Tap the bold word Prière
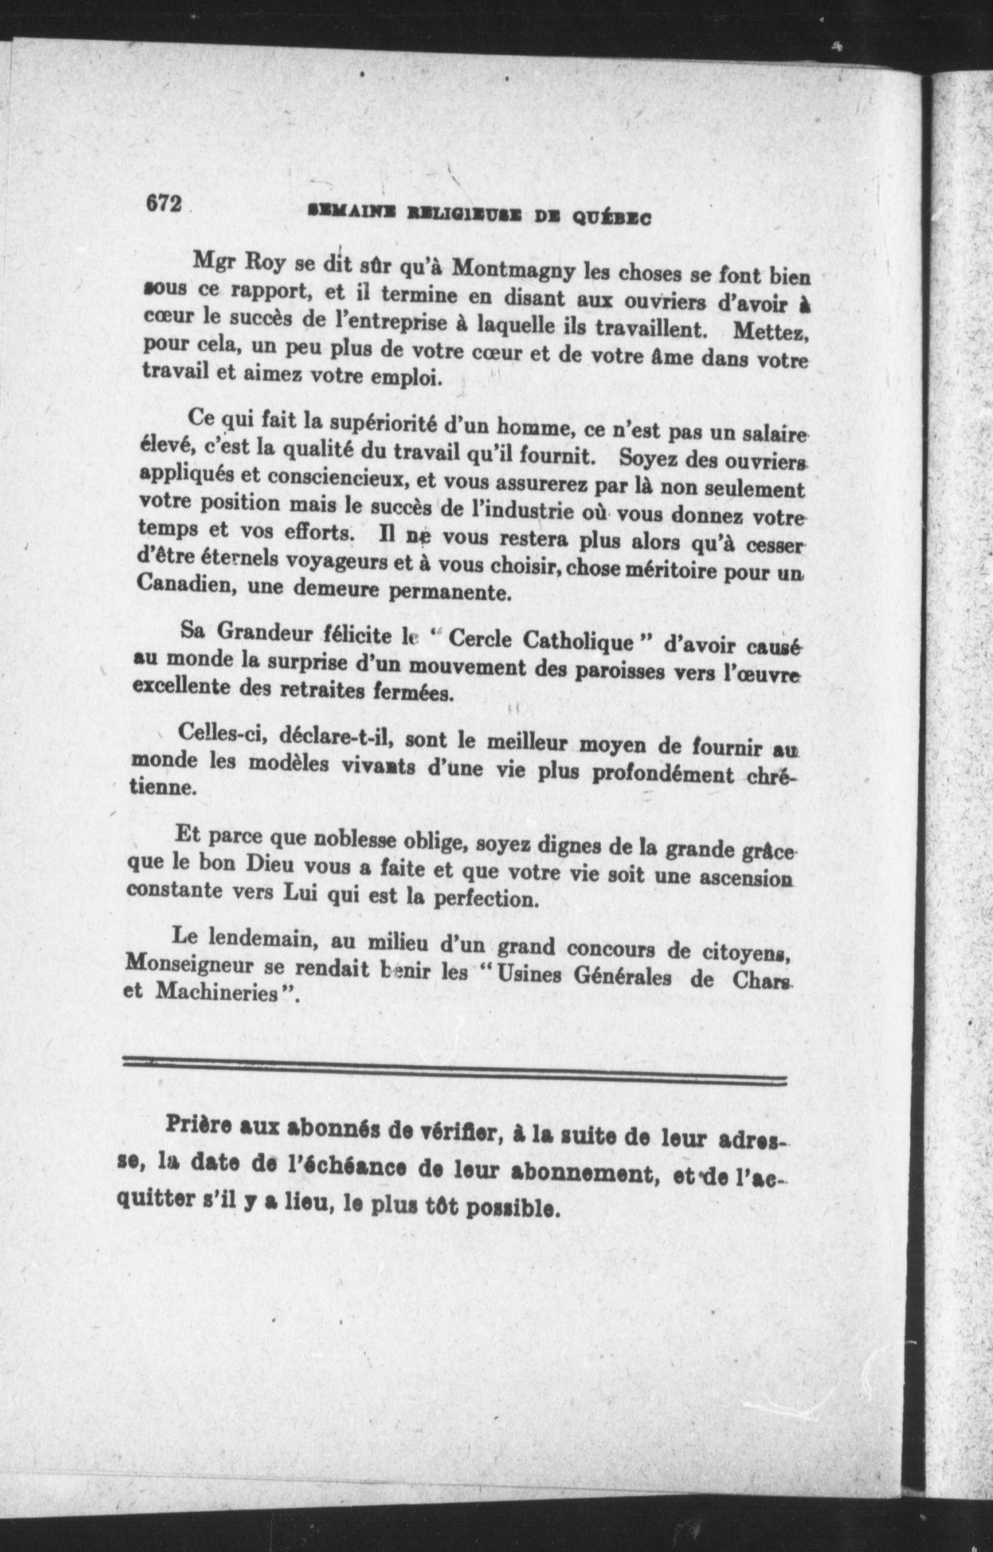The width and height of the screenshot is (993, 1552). tap(201, 1124)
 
